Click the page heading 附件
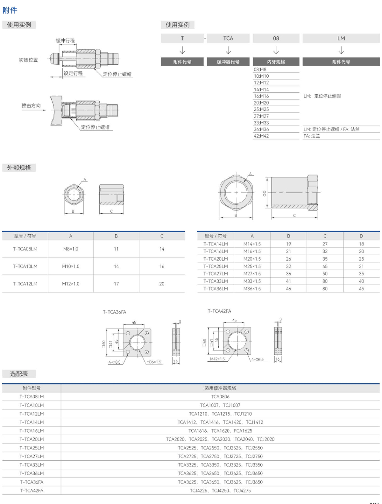click(x=10, y=11)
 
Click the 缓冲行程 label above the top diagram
click(x=65, y=40)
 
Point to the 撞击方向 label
click(x=31, y=105)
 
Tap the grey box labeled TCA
click(x=228, y=38)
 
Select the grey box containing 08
click(x=276, y=38)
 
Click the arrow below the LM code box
click(x=341, y=50)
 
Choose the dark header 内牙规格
click(x=276, y=62)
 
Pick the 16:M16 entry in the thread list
click(x=261, y=96)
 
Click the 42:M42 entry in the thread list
click(x=261, y=136)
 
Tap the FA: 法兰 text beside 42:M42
click(x=312, y=136)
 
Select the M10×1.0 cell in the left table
click(x=71, y=266)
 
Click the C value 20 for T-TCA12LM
click(x=162, y=284)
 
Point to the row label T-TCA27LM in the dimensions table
click(x=216, y=273)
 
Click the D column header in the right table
click(x=361, y=236)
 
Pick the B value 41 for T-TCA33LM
click(x=288, y=281)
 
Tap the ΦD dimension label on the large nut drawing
click(x=264, y=193)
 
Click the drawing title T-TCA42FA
click(x=219, y=311)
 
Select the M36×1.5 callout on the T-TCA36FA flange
click(x=154, y=362)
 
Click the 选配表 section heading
click(x=19, y=374)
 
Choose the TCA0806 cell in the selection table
click(x=220, y=397)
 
